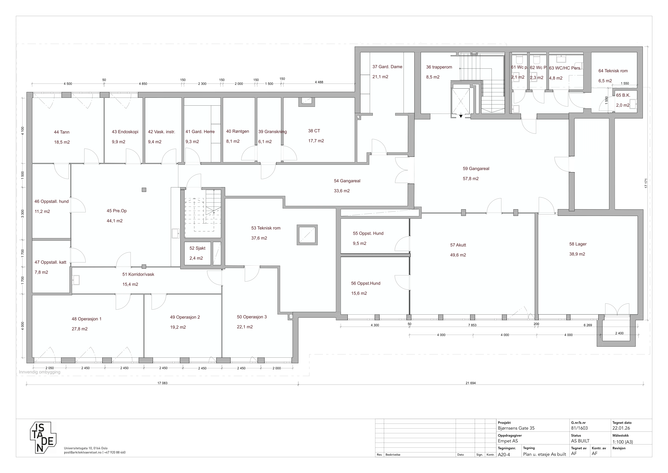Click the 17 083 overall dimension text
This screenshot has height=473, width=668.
pyautogui.click(x=162, y=383)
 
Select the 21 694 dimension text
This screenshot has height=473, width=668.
pyautogui.click(x=470, y=383)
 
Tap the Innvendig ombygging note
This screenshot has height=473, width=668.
pyautogui.click(x=40, y=372)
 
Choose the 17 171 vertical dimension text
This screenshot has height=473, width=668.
pyautogui.click(x=646, y=183)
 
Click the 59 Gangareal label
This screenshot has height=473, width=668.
pyautogui.click(x=476, y=169)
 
